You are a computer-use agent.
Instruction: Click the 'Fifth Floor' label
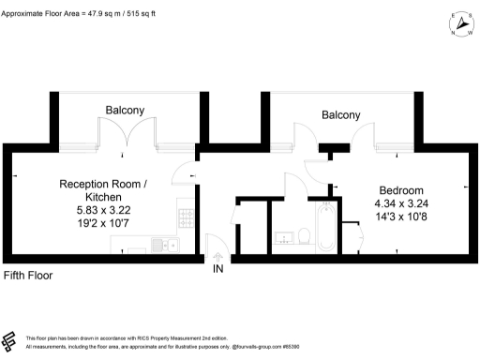pyautogui.click(x=29, y=276)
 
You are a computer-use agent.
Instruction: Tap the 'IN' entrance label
pyautogui.click(x=218, y=269)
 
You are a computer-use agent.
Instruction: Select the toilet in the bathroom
pyautogui.click(x=305, y=234)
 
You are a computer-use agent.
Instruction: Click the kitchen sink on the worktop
pyautogui.click(x=167, y=246)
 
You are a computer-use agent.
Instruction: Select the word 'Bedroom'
pyautogui.click(x=401, y=188)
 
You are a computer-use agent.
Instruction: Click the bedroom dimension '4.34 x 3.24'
pyautogui.click(x=400, y=203)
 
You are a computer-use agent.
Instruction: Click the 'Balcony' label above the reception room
pyautogui.click(x=124, y=111)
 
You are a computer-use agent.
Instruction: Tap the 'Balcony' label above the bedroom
pyautogui.click(x=340, y=115)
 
